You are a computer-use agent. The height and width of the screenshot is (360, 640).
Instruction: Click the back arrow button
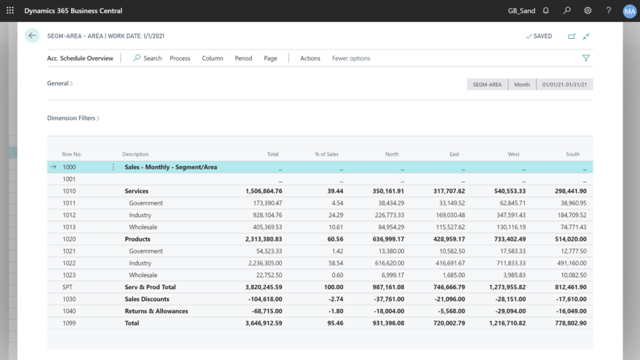coord(32,36)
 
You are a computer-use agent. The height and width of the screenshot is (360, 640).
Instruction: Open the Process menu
coord(180,58)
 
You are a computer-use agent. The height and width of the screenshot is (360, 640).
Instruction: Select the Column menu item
coord(212,58)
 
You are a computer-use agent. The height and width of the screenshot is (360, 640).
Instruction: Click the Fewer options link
coord(351,58)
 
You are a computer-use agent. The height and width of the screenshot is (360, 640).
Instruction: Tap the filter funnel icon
coord(586,58)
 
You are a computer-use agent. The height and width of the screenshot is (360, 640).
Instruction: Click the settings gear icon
coord(588,11)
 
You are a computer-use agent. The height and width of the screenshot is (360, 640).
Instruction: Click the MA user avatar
coord(629,11)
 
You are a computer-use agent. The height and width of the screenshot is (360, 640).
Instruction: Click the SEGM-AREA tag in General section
coord(487,84)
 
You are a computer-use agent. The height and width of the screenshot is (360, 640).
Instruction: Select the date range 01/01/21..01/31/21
coord(564,84)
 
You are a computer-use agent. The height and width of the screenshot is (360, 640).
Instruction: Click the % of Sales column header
coord(326,154)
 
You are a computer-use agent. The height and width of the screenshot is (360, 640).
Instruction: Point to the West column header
coord(513,154)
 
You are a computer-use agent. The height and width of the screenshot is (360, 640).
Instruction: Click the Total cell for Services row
coord(264,191)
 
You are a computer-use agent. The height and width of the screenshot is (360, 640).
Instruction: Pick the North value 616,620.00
coord(389,263)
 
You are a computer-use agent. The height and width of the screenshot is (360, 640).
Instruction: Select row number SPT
coord(67,287)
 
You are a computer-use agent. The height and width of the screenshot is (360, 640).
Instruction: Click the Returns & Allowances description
coord(156,311)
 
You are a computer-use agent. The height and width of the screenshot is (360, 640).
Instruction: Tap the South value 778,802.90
coord(570,323)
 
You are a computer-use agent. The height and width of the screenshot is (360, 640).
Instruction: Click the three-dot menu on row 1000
coord(113,167)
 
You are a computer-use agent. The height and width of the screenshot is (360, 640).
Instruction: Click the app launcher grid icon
coord(10,11)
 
